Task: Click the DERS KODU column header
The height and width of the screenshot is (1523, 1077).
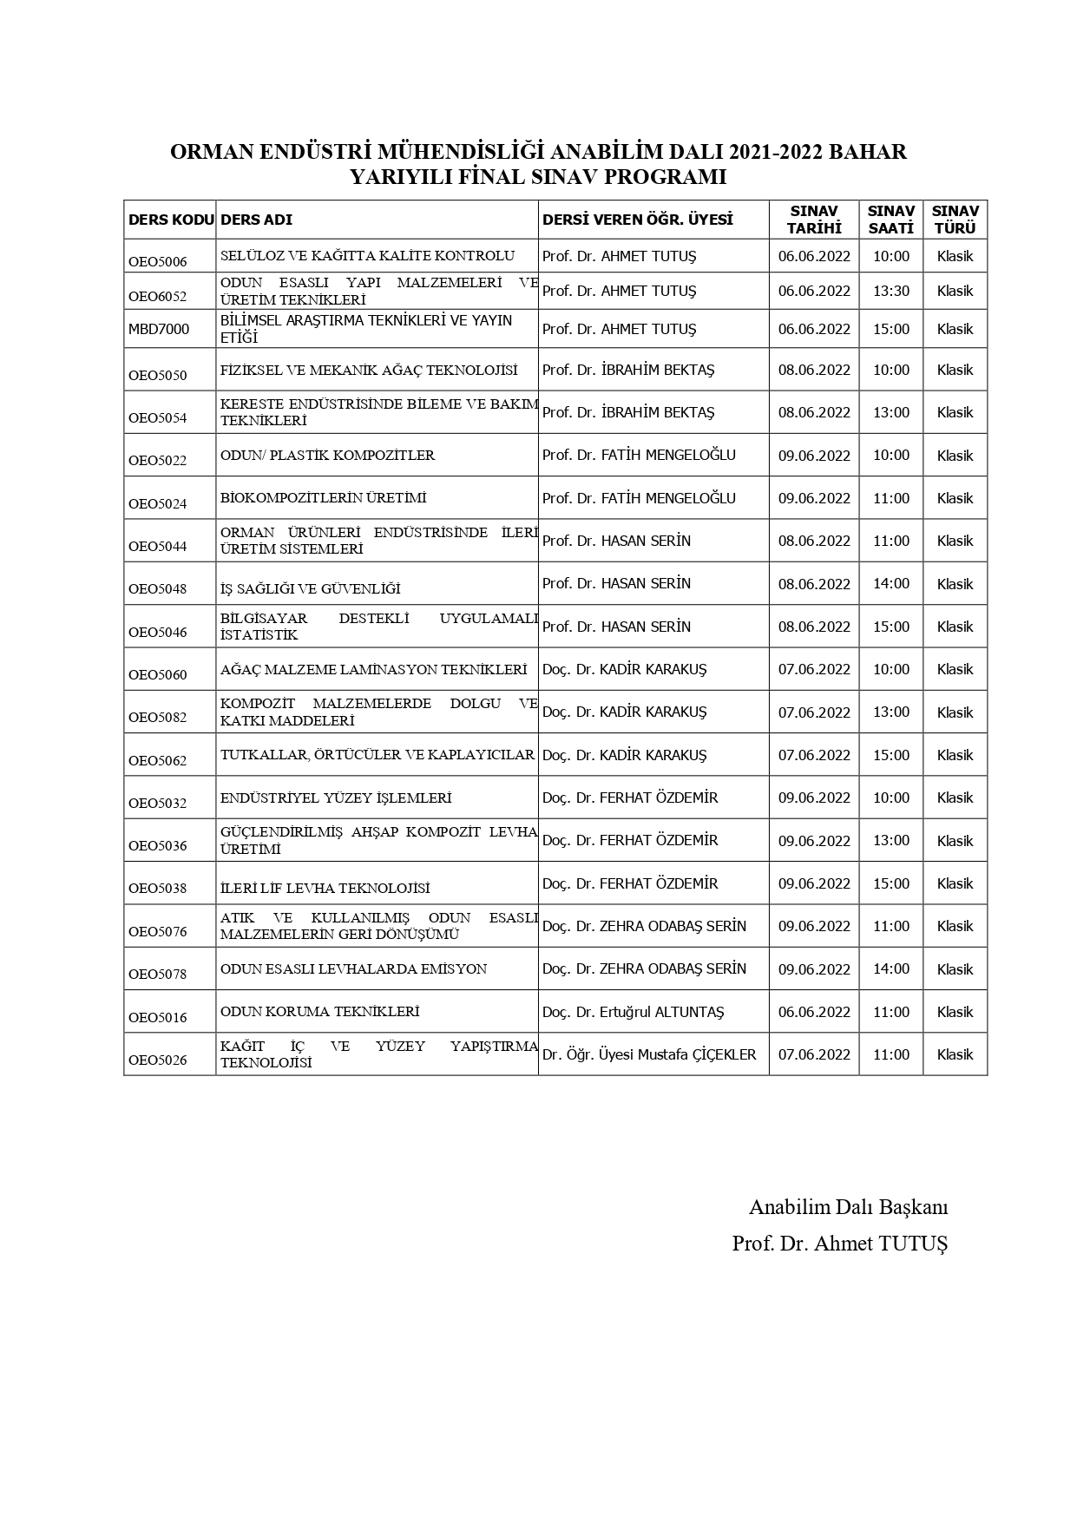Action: (170, 220)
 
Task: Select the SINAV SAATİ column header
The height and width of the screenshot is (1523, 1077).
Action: (890, 220)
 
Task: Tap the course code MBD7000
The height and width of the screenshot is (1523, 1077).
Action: (159, 330)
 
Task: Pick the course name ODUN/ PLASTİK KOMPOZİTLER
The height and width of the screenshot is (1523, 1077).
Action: (327, 456)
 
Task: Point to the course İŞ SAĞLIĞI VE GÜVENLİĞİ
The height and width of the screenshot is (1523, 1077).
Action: (310, 589)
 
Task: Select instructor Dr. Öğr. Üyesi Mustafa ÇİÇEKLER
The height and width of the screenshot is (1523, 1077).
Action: (649, 1054)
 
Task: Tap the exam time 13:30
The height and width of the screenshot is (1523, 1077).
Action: (890, 292)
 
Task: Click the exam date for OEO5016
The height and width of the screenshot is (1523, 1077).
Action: (814, 1012)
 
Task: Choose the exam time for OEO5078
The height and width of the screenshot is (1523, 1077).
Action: (890, 968)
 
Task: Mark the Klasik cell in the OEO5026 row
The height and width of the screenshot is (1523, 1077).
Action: (955, 1054)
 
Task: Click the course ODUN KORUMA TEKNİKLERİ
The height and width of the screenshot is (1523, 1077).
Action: (319, 1012)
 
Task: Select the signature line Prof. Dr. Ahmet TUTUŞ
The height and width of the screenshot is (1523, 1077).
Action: (839, 1243)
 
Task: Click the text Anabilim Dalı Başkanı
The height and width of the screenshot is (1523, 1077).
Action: (848, 1207)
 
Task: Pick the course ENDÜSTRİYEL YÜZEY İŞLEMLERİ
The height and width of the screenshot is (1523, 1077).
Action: (336, 798)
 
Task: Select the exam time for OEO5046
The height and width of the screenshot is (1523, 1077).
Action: (890, 627)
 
